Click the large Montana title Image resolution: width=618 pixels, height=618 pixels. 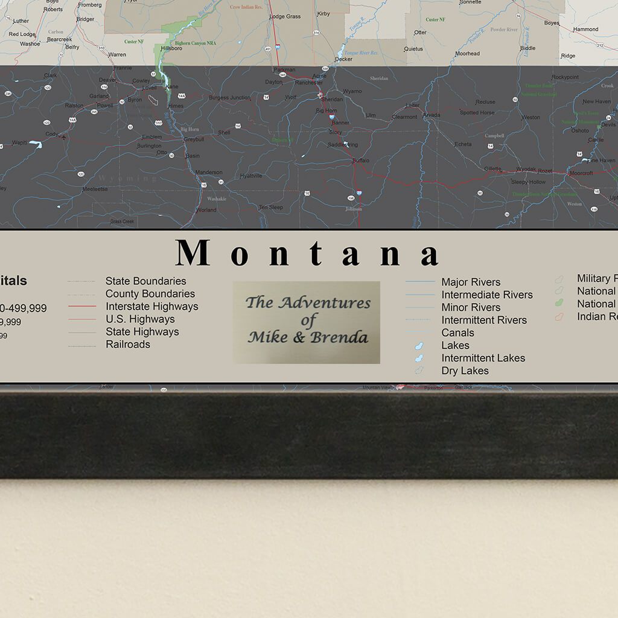pyautogui.click(x=308, y=253)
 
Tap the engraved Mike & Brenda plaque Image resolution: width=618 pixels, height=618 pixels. pyautogui.click(x=307, y=322)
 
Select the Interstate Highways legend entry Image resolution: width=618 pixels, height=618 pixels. pyautogui.click(x=151, y=307)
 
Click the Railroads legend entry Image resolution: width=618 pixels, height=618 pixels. pyautogui.click(x=128, y=345)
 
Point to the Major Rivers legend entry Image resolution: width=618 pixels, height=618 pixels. pyautogui.click(x=471, y=282)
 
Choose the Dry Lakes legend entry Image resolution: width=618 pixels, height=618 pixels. pyautogui.click(x=465, y=371)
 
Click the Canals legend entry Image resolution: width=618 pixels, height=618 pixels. pyautogui.click(x=457, y=333)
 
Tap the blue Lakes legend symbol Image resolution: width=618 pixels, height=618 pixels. pyautogui.click(x=417, y=346)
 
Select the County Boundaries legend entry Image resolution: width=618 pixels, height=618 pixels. pyautogui.click(x=150, y=294)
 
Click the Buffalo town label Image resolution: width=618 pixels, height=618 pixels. pyautogui.click(x=360, y=161)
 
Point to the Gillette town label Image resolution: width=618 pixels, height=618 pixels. pyautogui.click(x=492, y=169)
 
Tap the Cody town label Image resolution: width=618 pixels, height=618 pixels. pyautogui.click(x=52, y=134)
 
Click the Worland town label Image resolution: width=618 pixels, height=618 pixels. pyautogui.click(x=206, y=210)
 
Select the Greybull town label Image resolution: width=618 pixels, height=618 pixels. pyautogui.click(x=194, y=139)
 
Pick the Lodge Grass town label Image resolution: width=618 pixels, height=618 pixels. pyautogui.click(x=285, y=16)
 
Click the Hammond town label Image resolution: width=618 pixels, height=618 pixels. pyautogui.click(x=585, y=29)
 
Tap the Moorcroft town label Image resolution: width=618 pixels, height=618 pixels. pyautogui.click(x=581, y=173)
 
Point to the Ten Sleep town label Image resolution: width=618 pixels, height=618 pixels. pyautogui.click(x=270, y=208)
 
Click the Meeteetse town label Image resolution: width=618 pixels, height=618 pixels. pyautogui.click(x=95, y=189)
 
